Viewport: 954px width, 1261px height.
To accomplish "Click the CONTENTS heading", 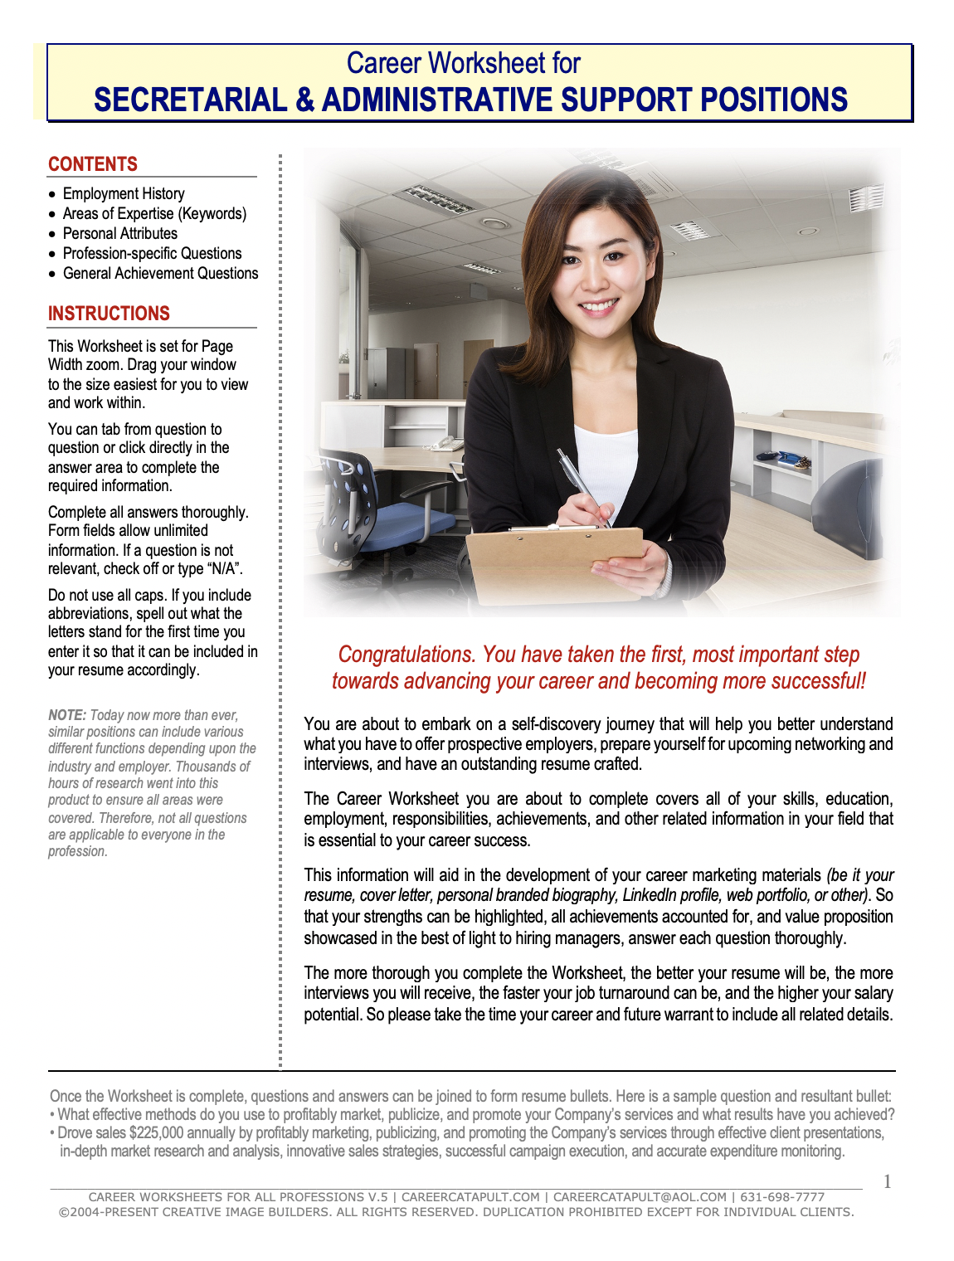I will point(93,164).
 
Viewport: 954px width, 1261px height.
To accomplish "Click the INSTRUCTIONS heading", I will point(109,314).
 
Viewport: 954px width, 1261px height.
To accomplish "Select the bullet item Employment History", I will point(124,193).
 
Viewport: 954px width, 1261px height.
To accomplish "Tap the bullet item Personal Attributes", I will point(120,233).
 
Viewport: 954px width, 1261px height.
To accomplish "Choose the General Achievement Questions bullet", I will point(160,273).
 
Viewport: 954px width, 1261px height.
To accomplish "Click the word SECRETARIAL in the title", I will point(190,100).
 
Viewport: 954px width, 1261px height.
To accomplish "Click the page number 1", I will point(888,1181).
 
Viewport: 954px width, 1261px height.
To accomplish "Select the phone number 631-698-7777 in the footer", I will point(782,1197).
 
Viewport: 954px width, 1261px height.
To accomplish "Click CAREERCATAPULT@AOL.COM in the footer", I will point(640,1197).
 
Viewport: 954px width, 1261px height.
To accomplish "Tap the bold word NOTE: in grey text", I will point(67,715).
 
